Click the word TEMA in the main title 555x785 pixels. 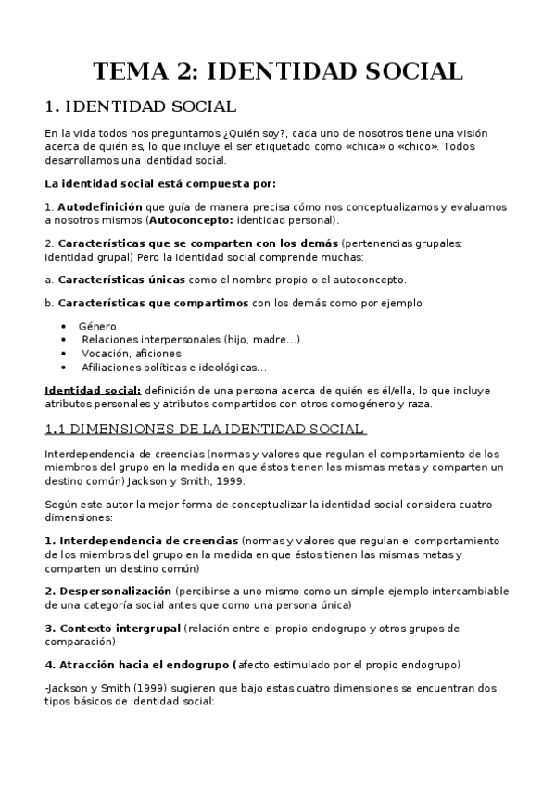coord(137,72)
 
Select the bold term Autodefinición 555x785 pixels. coord(100,206)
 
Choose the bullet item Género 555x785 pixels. coord(97,326)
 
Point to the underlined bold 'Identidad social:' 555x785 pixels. coord(93,390)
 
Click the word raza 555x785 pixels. coord(418,404)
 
